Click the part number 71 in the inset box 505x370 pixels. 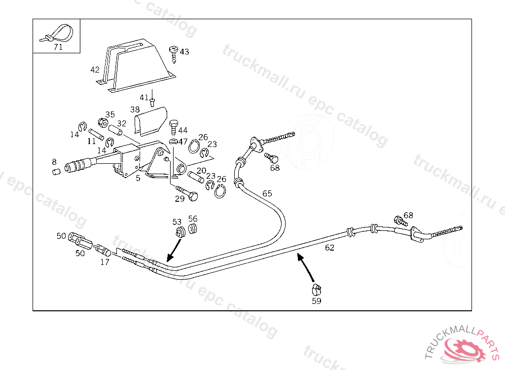point(58,47)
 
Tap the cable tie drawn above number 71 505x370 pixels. point(58,33)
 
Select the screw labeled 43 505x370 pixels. point(174,53)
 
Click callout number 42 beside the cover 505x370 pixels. point(95,70)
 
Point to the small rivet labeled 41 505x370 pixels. point(152,102)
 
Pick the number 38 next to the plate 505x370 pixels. point(135,110)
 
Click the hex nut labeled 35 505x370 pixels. point(103,122)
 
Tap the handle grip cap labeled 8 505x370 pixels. point(56,171)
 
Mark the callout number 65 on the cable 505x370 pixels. point(267,193)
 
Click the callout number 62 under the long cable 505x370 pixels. point(329,248)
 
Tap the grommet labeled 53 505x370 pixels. point(179,231)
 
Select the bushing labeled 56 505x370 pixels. point(192,228)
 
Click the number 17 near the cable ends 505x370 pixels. point(105,262)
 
